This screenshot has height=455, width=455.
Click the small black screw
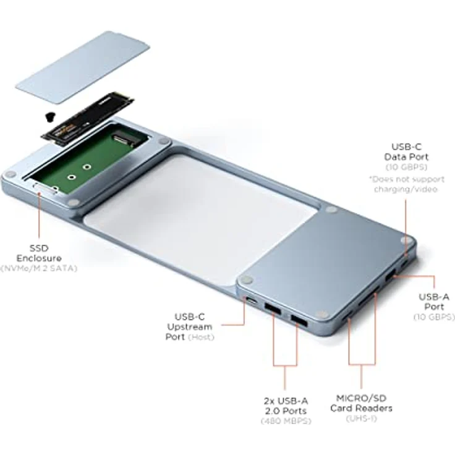[x=45, y=115]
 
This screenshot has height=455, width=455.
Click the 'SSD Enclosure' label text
[x=39, y=252]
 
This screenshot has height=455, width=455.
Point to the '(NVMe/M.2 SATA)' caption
[x=39, y=268]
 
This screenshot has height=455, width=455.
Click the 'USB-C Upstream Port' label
[x=189, y=326]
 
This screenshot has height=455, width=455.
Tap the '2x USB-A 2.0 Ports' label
[x=285, y=402]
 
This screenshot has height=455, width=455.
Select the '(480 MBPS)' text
[x=285, y=421]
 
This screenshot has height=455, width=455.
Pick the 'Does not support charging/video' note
[x=407, y=184]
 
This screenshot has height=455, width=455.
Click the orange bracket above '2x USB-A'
[x=285, y=366]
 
